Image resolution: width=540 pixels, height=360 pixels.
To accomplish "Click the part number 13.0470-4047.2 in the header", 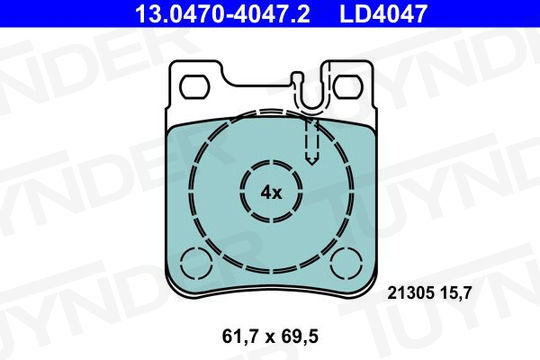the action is pyautogui.click(x=223, y=13).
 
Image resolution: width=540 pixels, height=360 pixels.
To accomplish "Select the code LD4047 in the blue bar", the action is pyautogui.click(x=383, y=13).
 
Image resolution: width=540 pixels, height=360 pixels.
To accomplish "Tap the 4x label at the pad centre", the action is pyautogui.click(x=271, y=193).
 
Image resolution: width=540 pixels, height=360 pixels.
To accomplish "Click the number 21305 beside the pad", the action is pyautogui.click(x=410, y=294).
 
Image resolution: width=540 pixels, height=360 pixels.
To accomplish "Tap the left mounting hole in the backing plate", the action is pyautogui.click(x=196, y=86).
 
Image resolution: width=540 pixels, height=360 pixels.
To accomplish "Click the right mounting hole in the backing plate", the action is pyautogui.click(x=348, y=86).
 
